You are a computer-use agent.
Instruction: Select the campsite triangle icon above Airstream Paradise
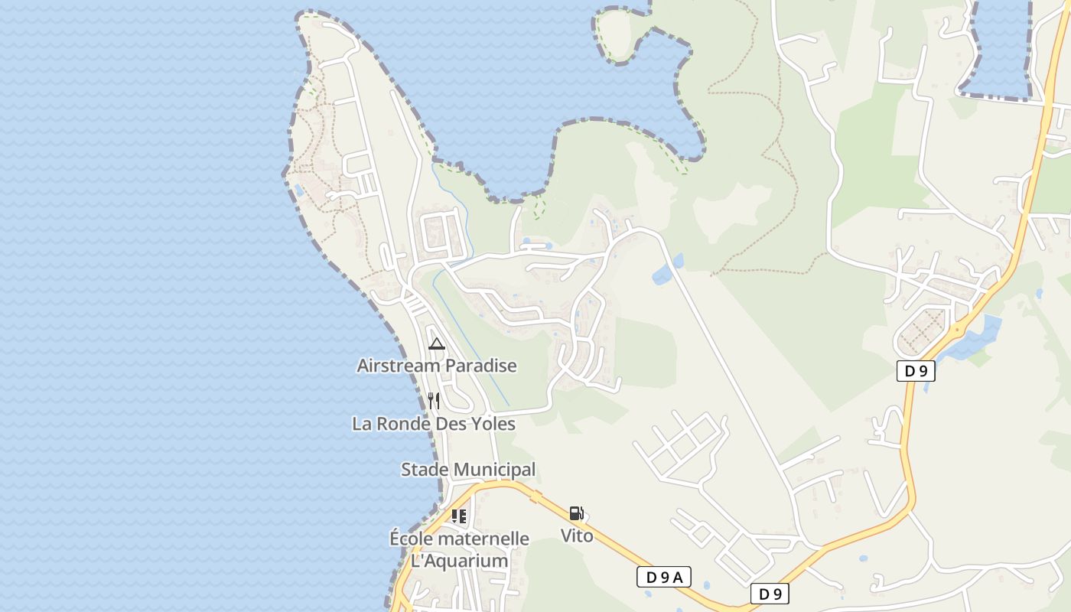point(437,343)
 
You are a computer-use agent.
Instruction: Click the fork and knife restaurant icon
point(434,400)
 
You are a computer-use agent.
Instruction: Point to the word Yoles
point(492,423)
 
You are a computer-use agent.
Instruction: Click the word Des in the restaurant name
point(450,423)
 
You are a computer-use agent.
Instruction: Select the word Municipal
point(495,469)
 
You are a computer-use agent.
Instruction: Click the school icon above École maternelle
point(458,516)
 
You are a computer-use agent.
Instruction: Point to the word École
point(412,539)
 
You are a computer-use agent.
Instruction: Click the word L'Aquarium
point(459,561)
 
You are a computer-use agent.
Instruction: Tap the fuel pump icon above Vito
point(577,513)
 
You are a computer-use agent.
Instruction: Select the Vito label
point(577,535)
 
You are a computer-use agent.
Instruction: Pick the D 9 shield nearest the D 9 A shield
point(769,593)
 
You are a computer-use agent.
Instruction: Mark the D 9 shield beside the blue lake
point(916,371)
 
